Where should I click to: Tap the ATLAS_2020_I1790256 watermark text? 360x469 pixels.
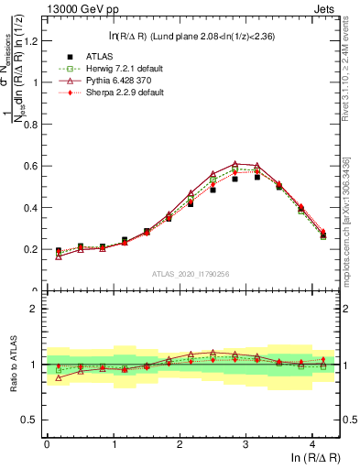(x=191, y=273)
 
